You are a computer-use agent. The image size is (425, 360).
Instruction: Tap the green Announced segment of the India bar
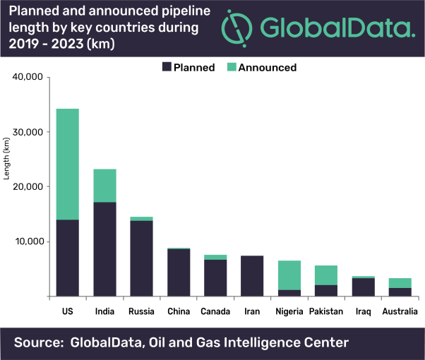(104, 186)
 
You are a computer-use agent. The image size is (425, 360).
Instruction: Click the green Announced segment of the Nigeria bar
(288, 275)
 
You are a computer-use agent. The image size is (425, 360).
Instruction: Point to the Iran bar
(251, 276)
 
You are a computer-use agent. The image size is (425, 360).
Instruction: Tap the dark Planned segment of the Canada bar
(215, 278)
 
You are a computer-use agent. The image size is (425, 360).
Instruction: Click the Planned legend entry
(188, 68)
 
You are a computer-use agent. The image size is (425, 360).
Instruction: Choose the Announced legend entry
(261, 68)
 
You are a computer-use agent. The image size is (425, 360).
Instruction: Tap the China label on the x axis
(178, 311)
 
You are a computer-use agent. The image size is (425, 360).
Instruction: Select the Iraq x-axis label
(362, 311)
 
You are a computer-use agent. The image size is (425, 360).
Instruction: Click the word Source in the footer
(39, 343)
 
